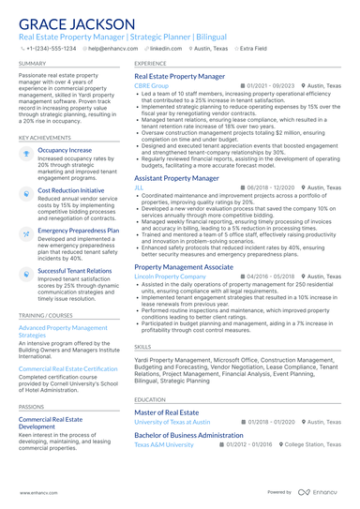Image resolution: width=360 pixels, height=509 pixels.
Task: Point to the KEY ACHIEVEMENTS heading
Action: point(43,137)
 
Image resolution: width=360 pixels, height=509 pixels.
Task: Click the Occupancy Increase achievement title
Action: point(65,149)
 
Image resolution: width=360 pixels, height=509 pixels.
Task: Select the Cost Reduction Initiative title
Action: point(71,189)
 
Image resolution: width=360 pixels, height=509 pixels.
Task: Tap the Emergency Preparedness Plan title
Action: point(78,230)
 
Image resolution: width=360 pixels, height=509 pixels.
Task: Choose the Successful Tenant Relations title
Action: point(74,270)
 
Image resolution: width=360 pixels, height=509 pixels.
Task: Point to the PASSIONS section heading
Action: point(31,406)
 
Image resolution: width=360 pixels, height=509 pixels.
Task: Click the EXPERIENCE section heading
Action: point(151,63)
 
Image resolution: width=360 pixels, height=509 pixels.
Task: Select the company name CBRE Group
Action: point(152,85)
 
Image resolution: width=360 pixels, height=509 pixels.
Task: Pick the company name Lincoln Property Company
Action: point(172,277)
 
